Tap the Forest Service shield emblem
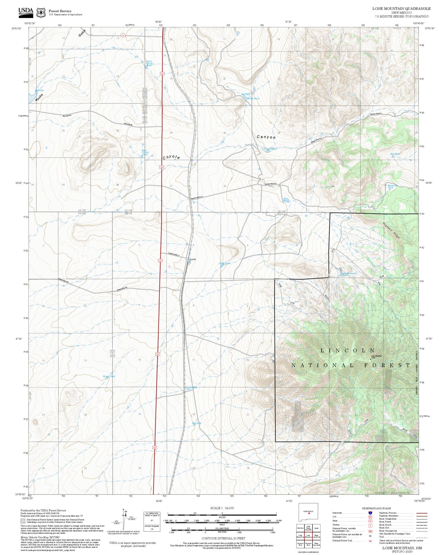tap(41, 13)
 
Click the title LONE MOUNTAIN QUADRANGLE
tap(401, 8)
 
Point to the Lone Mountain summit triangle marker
tap(370, 359)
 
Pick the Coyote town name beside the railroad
tap(193, 259)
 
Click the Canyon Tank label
tap(271, 149)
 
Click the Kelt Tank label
tap(395, 154)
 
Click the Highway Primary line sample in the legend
tap(420, 513)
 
